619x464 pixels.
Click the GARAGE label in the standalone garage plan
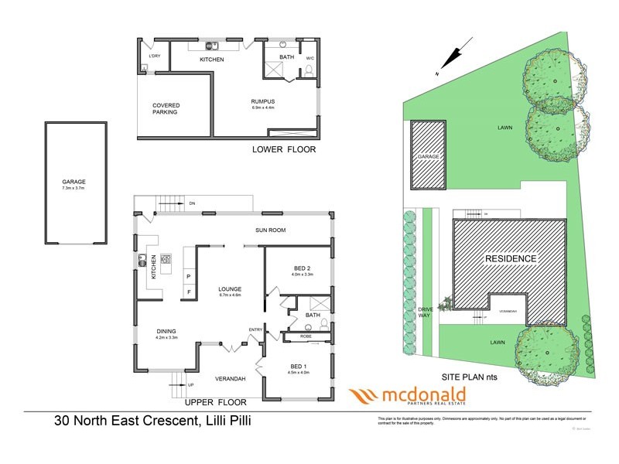pyautogui.click(x=74, y=182)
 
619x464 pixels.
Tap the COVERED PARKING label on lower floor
pyautogui.click(x=165, y=108)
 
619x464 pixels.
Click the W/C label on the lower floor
pyautogui.click(x=309, y=58)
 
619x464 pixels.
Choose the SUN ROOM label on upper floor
pyautogui.click(x=272, y=230)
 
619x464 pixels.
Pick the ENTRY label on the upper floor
pyautogui.click(x=255, y=330)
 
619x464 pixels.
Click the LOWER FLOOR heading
pyautogui.click(x=285, y=149)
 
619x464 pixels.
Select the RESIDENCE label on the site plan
pyautogui.click(x=511, y=258)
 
